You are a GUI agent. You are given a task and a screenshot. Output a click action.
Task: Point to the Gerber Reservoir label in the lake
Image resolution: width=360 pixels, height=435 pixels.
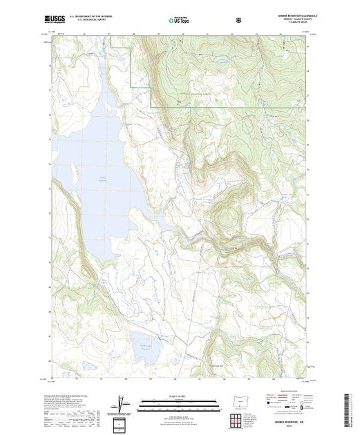coord(100,179)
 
